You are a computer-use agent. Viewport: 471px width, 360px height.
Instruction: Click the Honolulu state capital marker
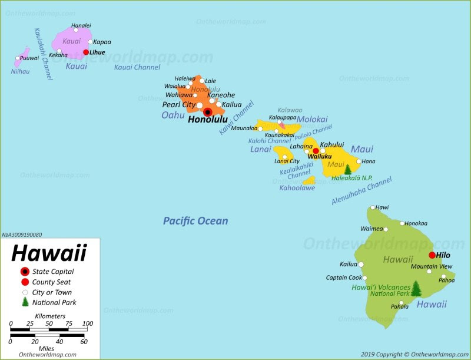[208, 112]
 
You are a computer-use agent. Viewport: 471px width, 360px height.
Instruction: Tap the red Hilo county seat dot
[432, 255]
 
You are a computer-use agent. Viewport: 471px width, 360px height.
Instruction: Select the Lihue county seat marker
[86, 52]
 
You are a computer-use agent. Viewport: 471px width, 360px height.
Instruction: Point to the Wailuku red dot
[316, 151]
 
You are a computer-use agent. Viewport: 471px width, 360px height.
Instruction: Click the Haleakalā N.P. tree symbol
[347, 169]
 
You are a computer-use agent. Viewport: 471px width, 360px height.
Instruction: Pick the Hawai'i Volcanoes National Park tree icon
[416, 288]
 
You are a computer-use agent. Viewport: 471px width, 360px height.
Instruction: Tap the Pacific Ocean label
[195, 221]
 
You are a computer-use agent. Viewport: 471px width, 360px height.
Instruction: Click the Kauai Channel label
[137, 67]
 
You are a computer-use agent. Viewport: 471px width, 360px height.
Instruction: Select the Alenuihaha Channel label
[361, 191]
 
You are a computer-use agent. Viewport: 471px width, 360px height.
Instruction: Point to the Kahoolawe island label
[297, 188]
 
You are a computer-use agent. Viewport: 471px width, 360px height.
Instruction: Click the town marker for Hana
[359, 161]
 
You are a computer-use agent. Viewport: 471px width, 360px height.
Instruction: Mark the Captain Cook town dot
[364, 278]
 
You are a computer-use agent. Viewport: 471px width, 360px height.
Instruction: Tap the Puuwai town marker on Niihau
[18, 58]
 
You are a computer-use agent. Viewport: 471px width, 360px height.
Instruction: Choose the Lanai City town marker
[284, 157]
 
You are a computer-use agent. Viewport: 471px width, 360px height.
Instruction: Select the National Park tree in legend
[25, 302]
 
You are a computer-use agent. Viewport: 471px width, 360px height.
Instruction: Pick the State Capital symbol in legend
[25, 272]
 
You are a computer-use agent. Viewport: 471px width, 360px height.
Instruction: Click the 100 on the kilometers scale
[88, 323]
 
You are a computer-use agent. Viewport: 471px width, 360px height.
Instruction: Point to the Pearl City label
[179, 105]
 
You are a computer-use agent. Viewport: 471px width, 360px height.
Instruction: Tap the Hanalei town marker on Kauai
[76, 30]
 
